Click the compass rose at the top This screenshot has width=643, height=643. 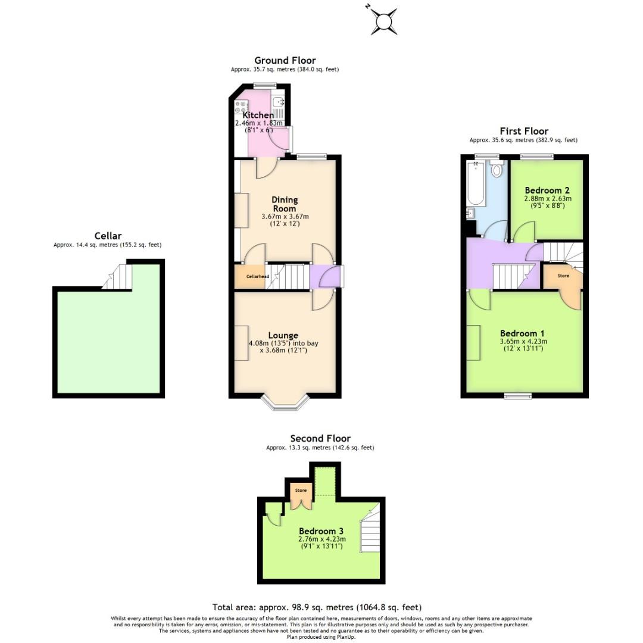385,21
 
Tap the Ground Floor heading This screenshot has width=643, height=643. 285,60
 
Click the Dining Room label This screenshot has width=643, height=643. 285,204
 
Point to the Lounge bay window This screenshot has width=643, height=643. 285,403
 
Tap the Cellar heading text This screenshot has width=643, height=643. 108,236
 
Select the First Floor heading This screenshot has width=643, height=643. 523,131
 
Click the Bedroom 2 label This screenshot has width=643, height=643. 547,191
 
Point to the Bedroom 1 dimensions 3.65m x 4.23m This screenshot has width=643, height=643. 523,342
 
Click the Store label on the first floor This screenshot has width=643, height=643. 563,276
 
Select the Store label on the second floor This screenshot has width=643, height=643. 301,491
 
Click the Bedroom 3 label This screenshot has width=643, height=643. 321,531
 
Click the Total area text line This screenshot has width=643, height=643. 317,607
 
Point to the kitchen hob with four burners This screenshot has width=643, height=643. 241,107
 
